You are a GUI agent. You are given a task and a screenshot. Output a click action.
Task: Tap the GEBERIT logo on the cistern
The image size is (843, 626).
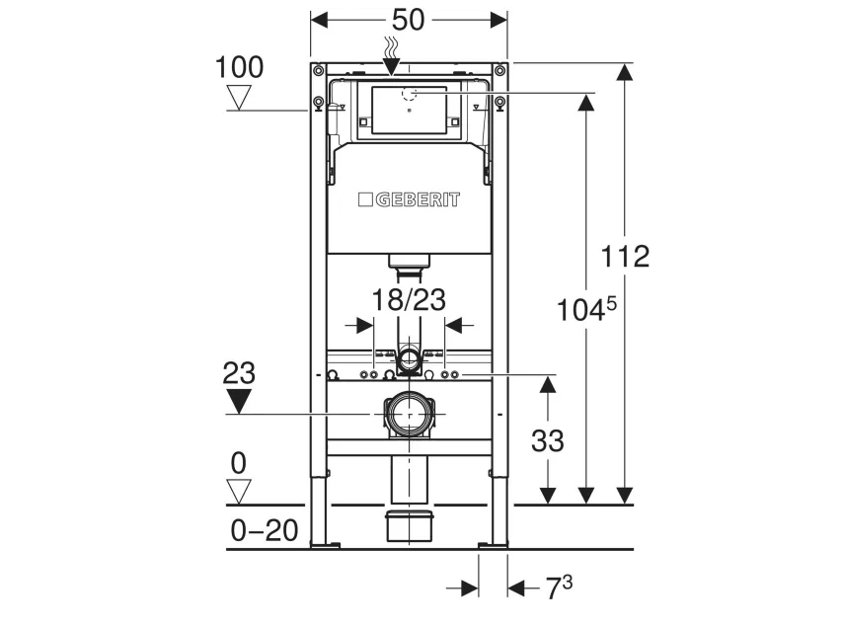click(x=408, y=199)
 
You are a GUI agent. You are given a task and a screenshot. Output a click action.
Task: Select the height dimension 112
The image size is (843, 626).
click(x=627, y=257)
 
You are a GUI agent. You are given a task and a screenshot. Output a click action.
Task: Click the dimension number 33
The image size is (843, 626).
click(x=547, y=440)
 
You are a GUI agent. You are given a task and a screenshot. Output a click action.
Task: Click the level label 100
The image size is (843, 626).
click(x=239, y=67)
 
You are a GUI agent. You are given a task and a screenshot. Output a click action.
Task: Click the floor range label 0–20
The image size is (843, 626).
click(x=264, y=531)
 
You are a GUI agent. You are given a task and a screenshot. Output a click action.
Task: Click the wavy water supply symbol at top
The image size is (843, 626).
click(x=391, y=46)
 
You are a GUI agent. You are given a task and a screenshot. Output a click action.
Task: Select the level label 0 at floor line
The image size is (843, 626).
click(x=239, y=462)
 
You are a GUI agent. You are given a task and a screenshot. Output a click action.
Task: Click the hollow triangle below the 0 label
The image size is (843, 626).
click(x=239, y=491)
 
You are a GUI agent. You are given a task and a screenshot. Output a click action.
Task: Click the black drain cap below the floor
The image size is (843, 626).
click(x=408, y=525)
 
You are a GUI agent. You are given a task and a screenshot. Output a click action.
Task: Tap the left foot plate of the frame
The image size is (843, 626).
click(x=325, y=543)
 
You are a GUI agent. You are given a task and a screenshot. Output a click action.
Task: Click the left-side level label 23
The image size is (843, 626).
click(x=239, y=373)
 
